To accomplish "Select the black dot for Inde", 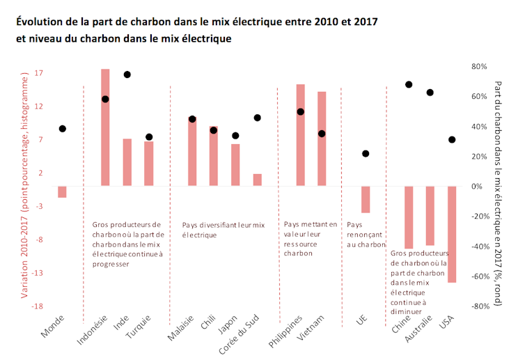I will click(127, 75).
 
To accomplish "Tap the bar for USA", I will click(452, 234).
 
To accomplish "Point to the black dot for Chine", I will click(409, 85).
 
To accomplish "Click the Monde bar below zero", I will click(62, 192).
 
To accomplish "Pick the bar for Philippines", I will click(300, 135).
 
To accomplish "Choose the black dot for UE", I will click(366, 154).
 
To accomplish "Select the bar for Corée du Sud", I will click(258, 180).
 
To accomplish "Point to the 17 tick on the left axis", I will click(39, 73).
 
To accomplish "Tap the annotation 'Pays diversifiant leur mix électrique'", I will click(224, 230).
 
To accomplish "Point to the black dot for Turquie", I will click(148, 137).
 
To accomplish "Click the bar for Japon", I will click(235, 165).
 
